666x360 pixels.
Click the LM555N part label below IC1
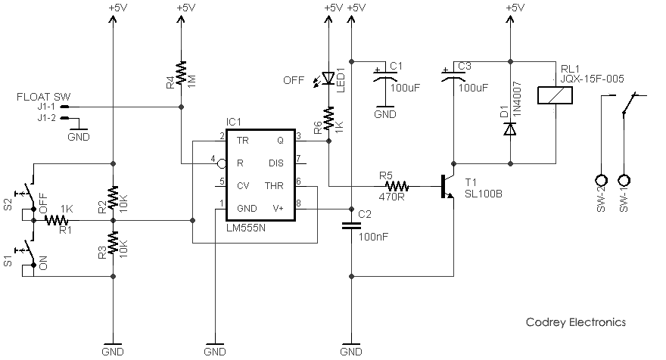246,228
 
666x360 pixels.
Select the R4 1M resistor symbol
182,73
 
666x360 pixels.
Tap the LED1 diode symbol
328,78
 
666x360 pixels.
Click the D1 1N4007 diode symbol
510,129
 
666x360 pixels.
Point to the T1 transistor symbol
447,186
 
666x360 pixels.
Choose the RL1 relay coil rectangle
556,95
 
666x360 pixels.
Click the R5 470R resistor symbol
397,186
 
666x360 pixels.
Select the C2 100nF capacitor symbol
351,226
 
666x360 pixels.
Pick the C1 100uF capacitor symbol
385,76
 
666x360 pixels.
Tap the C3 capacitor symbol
453,76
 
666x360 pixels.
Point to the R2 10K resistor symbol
113,197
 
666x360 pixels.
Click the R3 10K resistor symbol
113,243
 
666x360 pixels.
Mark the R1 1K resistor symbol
57,220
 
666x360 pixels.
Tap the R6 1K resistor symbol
328,119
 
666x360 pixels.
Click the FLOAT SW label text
44,97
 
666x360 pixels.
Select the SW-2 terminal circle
602,180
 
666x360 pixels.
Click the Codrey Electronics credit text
575,322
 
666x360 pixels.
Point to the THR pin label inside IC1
274,186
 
